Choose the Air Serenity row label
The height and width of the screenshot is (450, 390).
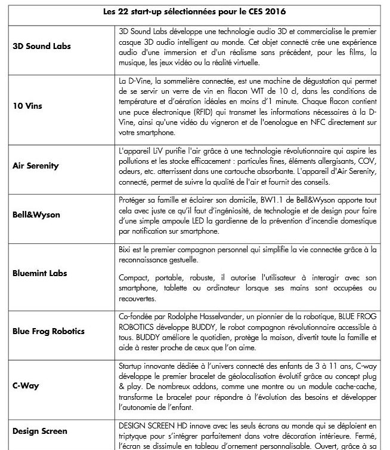click(36, 166)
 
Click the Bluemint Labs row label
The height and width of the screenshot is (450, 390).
click(39, 273)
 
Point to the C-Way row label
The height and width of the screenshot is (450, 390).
click(26, 385)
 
